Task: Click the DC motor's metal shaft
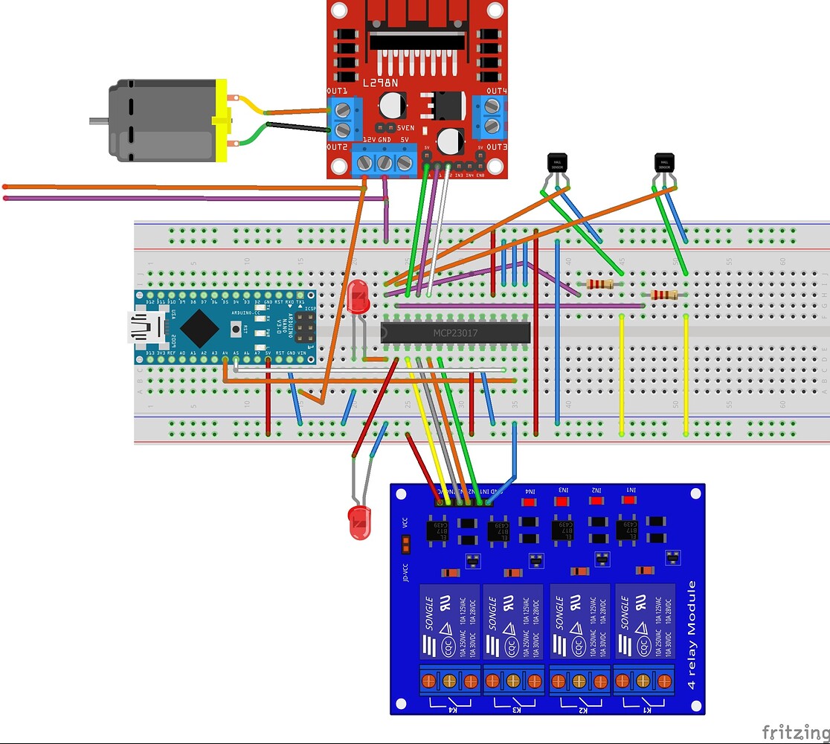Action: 98,120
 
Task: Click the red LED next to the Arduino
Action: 357,298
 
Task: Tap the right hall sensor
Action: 664,163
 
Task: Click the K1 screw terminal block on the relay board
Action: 643,681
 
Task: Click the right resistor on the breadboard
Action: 664,295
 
